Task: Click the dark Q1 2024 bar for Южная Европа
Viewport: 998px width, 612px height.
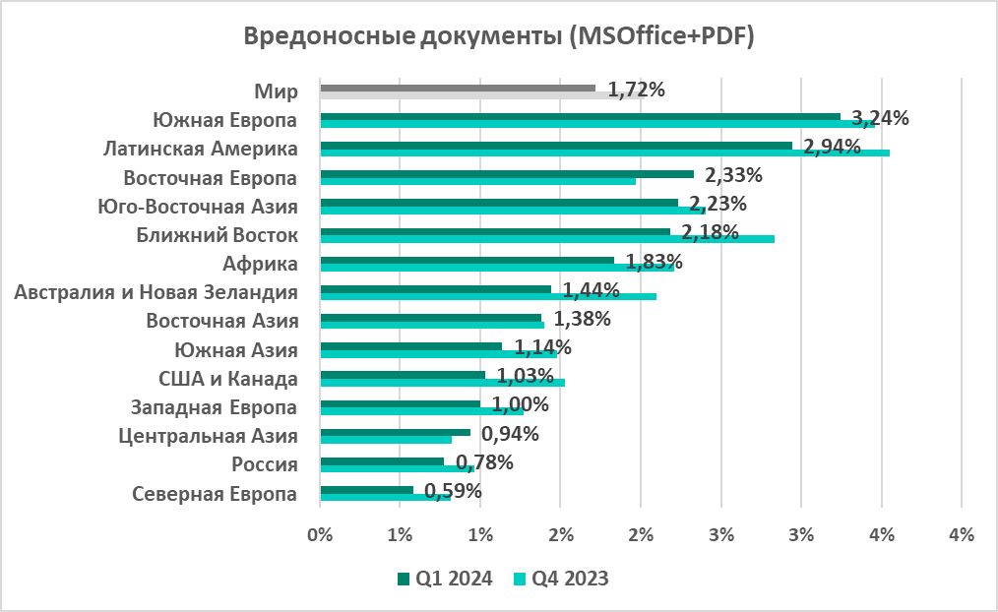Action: (x=580, y=116)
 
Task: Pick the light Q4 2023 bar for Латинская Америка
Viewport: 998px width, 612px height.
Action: (x=604, y=153)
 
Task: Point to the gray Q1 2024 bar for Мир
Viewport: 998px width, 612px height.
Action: (x=458, y=88)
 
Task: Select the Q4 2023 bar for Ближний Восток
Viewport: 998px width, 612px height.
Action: (x=547, y=238)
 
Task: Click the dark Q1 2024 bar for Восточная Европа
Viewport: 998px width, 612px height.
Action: (x=506, y=173)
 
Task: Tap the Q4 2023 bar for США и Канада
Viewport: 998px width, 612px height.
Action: (x=442, y=382)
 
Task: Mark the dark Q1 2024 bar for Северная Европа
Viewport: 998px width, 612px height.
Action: (x=366, y=489)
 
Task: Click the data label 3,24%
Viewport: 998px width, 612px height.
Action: (x=880, y=118)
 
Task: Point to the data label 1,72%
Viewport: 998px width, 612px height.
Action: (x=637, y=90)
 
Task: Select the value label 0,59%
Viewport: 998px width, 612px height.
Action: (x=453, y=490)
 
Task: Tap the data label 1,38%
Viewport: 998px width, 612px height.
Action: (x=583, y=319)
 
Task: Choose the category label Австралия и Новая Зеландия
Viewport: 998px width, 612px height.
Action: (x=156, y=292)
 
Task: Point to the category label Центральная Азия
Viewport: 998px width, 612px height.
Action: (x=207, y=436)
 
